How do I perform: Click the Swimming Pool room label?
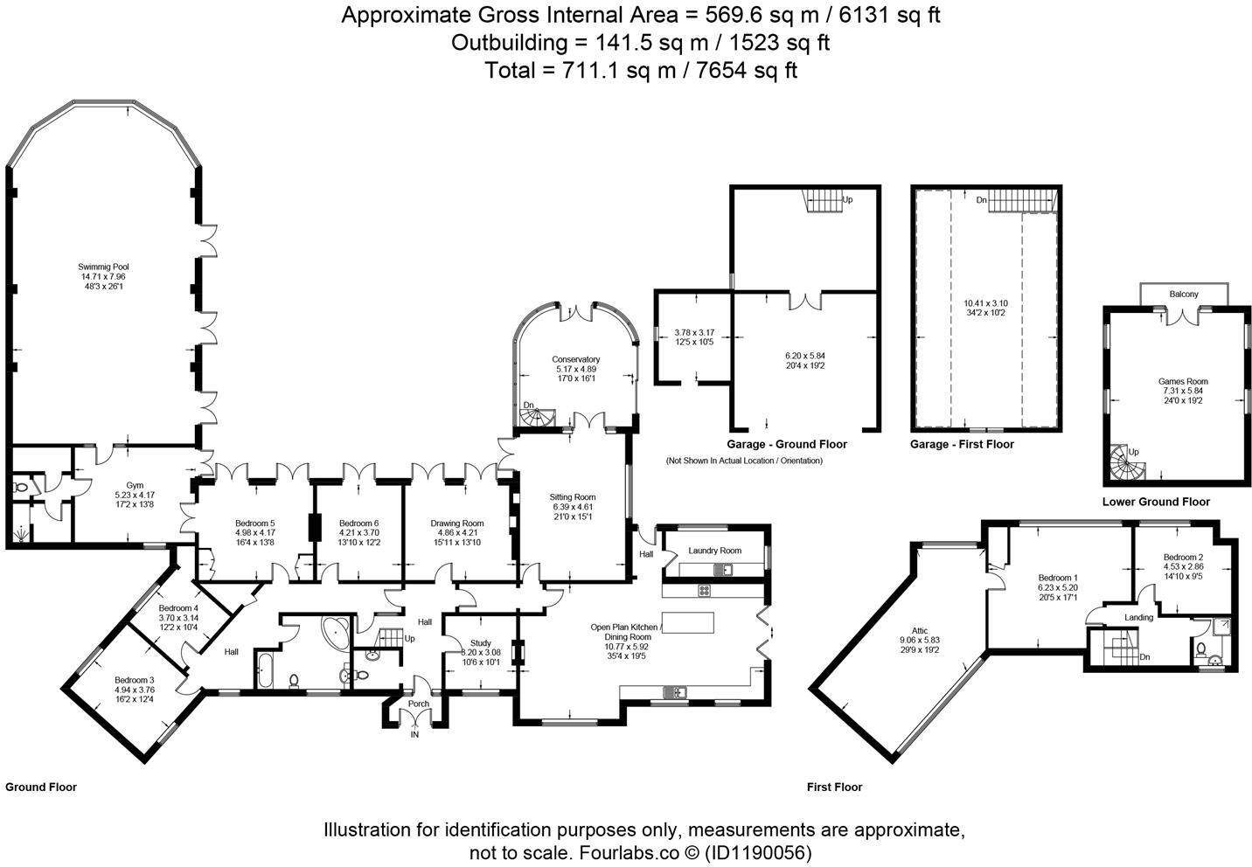[103, 267]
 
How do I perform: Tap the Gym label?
[135, 485]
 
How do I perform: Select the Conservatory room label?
[575, 360]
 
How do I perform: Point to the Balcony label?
[1184, 294]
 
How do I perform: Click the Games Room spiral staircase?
[1127, 462]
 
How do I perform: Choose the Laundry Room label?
[715, 551]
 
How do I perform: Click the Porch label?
[419, 704]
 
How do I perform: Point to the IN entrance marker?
[414, 735]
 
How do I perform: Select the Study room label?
[481, 643]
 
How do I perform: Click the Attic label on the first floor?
[920, 631]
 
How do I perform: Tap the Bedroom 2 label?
[1183, 557]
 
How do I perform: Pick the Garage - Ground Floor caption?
[786, 445]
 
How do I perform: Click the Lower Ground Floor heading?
[1156, 503]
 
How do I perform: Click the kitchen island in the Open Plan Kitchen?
[688, 623]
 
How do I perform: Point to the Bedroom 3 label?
[134, 681]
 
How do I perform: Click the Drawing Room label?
[457, 524]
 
